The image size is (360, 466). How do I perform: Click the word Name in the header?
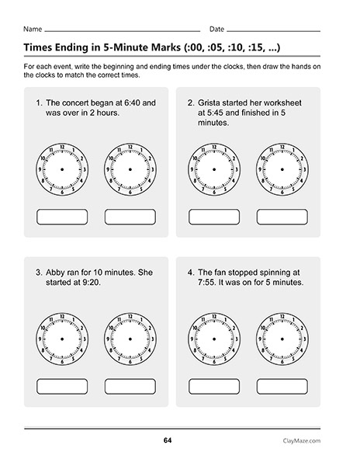pyautogui.click(x=33, y=29)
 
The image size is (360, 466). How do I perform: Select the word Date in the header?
pyautogui.click(x=218, y=29)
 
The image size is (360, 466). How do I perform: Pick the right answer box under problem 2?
pyautogui.click(x=282, y=217)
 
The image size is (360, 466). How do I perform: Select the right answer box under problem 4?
pyautogui.click(x=282, y=385)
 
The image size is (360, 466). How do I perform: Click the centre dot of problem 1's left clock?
pyautogui.click(x=62, y=169)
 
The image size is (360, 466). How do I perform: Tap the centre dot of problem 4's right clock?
pyautogui.click(x=282, y=339)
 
